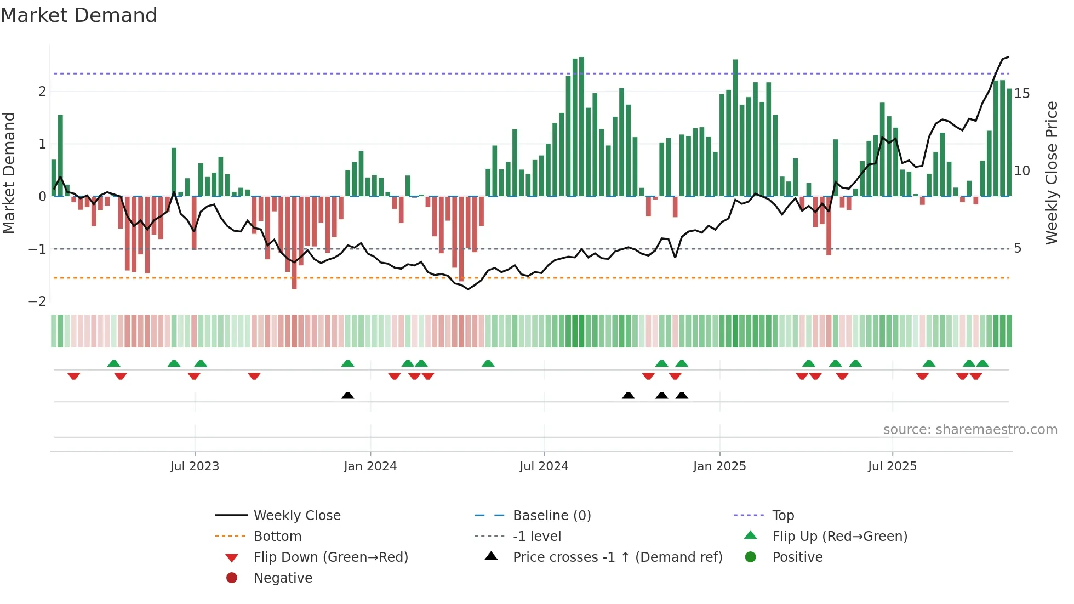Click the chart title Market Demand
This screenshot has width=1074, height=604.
click(79, 15)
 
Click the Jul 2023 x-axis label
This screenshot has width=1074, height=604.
click(195, 466)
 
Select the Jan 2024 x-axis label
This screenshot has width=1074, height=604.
click(370, 466)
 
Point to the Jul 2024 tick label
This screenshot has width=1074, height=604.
click(544, 466)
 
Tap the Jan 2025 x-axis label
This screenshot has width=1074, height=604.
click(719, 466)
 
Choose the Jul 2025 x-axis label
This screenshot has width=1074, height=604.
click(892, 466)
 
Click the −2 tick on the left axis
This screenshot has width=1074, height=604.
click(38, 301)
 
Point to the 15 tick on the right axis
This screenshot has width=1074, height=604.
click(1022, 94)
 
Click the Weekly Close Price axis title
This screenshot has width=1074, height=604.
click(1051, 173)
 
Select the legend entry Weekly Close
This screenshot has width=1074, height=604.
click(296, 516)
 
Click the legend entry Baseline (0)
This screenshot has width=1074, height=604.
click(551, 516)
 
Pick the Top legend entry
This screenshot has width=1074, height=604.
click(782, 516)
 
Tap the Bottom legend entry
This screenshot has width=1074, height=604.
click(277, 537)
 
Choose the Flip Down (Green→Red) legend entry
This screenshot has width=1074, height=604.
click(330, 557)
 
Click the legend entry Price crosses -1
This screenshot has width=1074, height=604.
click(617, 557)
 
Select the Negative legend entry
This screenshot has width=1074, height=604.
click(283, 578)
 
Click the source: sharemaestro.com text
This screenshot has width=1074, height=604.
click(970, 430)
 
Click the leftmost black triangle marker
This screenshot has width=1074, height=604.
click(347, 395)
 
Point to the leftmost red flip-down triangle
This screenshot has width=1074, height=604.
click(74, 376)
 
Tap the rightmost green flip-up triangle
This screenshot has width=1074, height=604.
click(982, 363)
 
